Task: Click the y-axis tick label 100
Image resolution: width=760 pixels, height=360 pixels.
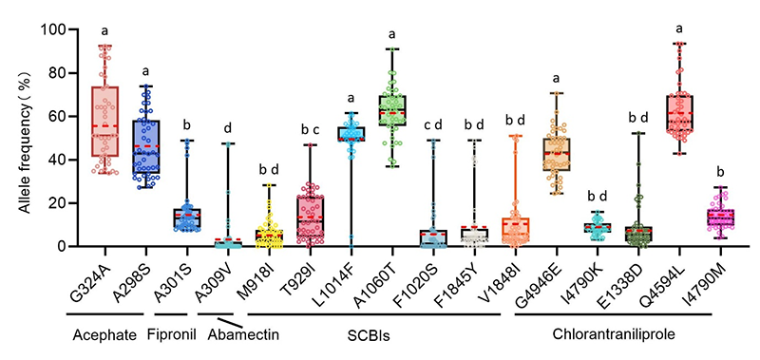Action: (54, 29)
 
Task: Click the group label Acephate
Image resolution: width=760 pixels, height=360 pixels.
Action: (104, 335)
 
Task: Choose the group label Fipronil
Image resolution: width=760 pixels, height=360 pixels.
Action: (172, 334)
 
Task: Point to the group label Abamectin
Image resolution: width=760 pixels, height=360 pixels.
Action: (244, 334)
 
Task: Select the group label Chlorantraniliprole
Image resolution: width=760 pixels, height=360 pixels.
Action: (613, 334)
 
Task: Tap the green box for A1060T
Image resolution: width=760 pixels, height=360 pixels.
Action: (392, 110)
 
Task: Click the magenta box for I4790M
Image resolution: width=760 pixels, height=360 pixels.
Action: (720, 217)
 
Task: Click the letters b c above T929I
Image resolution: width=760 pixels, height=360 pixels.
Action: (311, 129)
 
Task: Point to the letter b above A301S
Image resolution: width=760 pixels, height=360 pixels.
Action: (187, 124)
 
